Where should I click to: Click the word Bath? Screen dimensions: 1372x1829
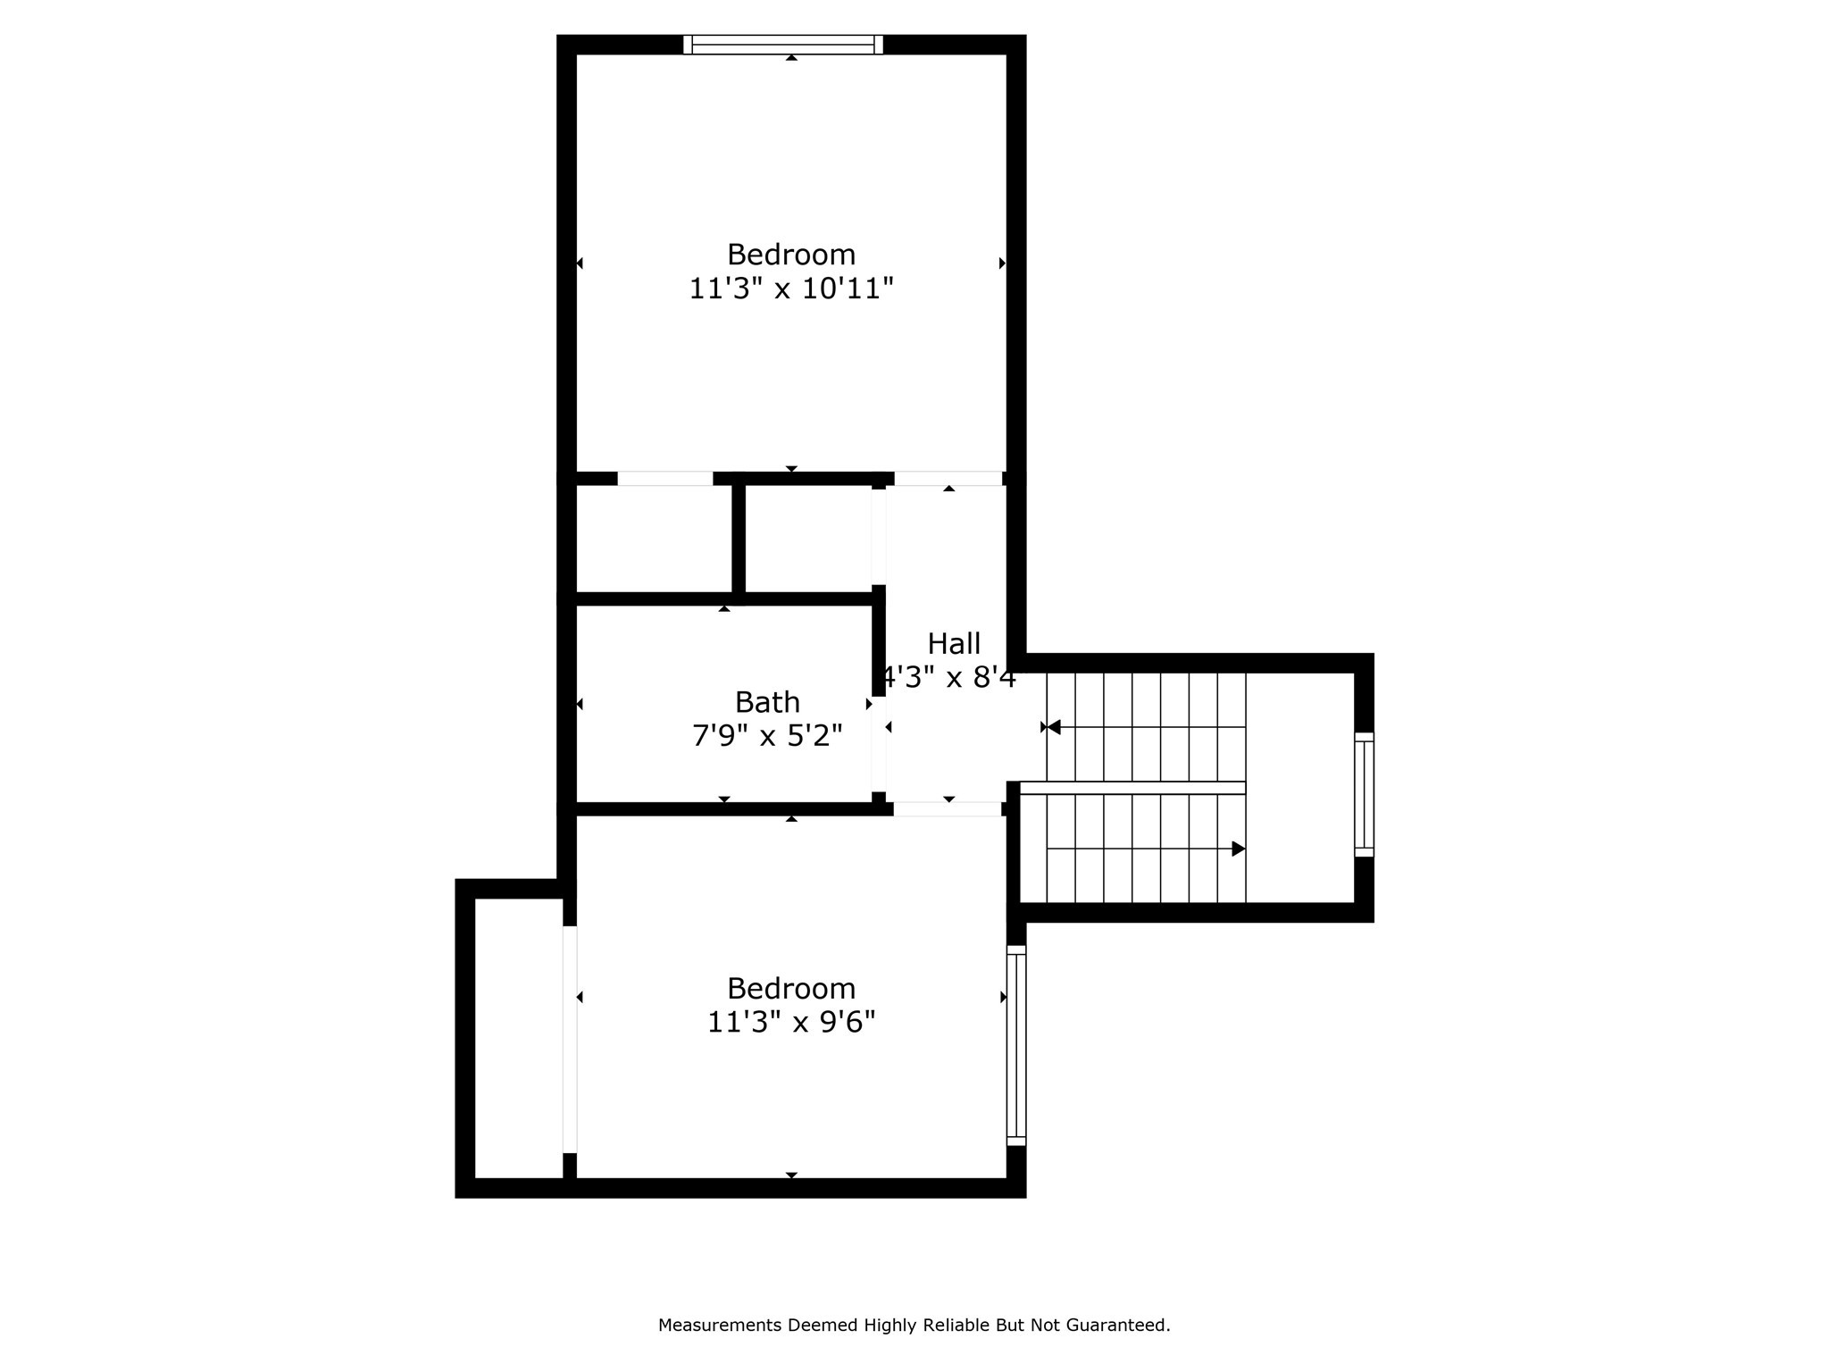click(767, 702)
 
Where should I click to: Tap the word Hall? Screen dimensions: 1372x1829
click(954, 643)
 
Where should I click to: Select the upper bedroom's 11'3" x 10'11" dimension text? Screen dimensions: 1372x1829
click(791, 289)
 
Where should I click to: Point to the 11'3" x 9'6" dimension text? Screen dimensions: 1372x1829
click(791, 1022)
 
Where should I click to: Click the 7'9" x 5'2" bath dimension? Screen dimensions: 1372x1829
click(767, 736)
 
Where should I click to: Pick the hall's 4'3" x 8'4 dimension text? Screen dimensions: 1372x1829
click(949, 678)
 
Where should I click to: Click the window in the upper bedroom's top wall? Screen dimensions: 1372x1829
click(783, 45)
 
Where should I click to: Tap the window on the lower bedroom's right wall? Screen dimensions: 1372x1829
click(1016, 1045)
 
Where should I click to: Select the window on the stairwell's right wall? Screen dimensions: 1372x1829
click(1364, 794)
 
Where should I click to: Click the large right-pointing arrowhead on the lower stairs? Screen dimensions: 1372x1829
click(1238, 849)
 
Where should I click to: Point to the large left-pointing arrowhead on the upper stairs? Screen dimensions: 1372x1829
click(1054, 727)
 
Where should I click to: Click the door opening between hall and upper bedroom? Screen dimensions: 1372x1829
click(948, 479)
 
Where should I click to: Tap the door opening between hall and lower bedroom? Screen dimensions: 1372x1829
click(948, 809)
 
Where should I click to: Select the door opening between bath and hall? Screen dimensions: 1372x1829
click(879, 744)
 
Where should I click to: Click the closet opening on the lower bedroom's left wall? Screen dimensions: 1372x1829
click(570, 1039)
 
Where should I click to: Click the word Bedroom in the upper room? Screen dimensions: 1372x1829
click(791, 255)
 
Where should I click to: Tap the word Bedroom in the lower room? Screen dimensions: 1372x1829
click(791, 989)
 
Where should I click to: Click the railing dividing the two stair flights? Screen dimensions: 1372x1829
click(1132, 788)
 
